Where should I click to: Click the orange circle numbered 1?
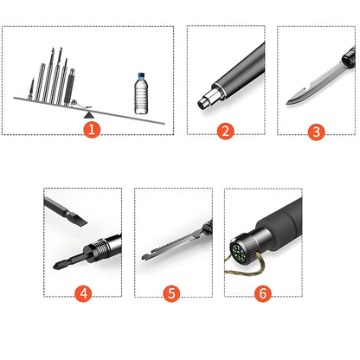click(92, 130)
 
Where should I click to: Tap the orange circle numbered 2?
click(225, 131)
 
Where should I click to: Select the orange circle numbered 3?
click(316, 132)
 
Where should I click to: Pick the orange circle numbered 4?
click(83, 293)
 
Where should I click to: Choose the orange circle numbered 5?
click(171, 293)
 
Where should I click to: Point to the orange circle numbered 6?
click(263, 293)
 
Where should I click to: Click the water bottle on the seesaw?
click(141, 93)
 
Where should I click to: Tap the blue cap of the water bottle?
click(141, 74)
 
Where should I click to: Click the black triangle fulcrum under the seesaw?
click(89, 115)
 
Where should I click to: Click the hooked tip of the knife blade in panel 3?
click(291, 101)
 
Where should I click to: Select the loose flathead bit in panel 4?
click(66, 211)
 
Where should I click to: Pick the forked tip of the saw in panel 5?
click(145, 257)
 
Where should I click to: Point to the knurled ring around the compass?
click(245, 245)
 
